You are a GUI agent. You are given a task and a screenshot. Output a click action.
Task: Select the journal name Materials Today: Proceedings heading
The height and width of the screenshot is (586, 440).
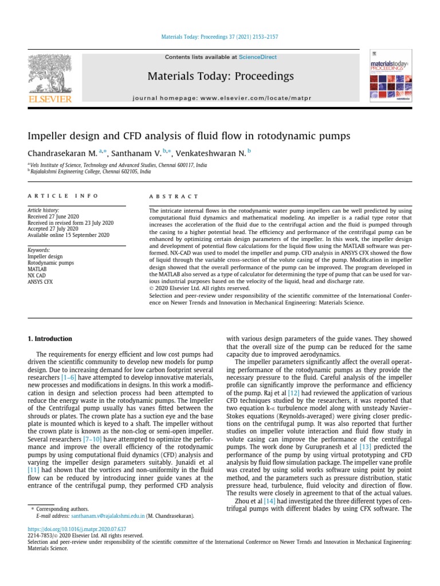221,76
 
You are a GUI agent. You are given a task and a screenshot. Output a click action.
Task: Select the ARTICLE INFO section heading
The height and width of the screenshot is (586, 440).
63,196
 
